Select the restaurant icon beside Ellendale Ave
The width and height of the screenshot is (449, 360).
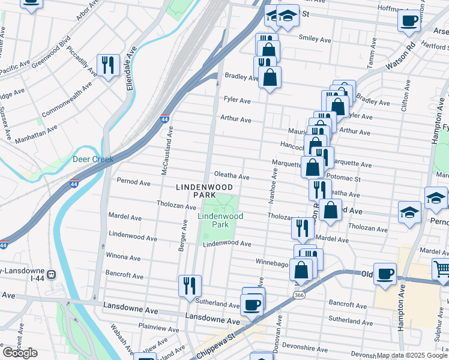click(x=108, y=65)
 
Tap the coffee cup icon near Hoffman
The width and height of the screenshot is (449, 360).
click(x=409, y=21)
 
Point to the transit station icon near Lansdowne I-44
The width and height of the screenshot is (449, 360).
click(x=52, y=275)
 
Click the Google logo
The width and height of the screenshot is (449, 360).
click(x=20, y=353)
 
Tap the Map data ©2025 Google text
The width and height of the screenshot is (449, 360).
click(x=412, y=355)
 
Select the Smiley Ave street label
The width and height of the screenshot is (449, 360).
click(x=315, y=40)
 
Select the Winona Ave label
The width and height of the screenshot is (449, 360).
click(x=124, y=257)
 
